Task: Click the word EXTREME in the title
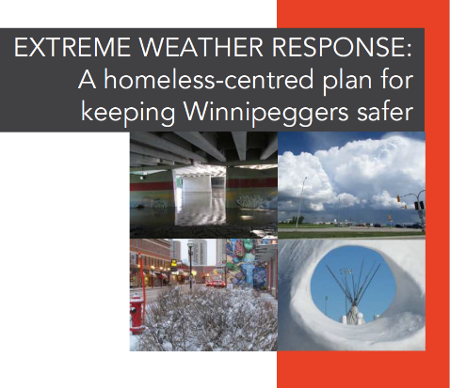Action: (72, 47)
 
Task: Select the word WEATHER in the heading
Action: (201, 47)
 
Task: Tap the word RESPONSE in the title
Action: (337, 47)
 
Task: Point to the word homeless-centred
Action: (209, 80)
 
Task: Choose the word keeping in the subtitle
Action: (128, 113)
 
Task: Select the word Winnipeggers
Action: (266, 113)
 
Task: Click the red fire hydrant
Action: (137, 314)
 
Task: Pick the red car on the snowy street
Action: (216, 284)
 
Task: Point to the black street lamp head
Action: (190, 245)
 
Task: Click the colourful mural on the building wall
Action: (249, 264)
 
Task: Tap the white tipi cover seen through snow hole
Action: (354, 315)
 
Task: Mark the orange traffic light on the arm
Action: (398, 198)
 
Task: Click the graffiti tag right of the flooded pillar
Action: (251, 201)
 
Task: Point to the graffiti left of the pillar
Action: (150, 203)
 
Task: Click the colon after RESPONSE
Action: (409, 50)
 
